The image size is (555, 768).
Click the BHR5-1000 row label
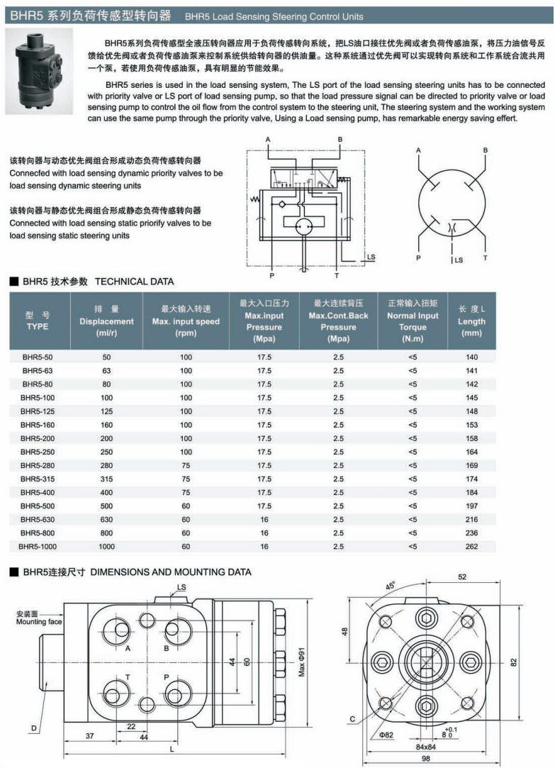pyautogui.click(x=38, y=547)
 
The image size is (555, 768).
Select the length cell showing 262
pyautogui.click(x=471, y=547)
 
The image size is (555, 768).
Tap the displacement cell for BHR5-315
pyautogui.click(x=107, y=479)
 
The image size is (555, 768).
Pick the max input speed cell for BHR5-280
pyautogui.click(x=186, y=465)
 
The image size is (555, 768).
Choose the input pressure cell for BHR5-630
pyautogui.click(x=264, y=520)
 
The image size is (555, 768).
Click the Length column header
pyautogui.click(x=471, y=321)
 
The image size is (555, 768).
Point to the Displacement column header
pyautogui.click(x=107, y=321)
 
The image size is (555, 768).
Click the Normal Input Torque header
pyautogui.click(x=413, y=321)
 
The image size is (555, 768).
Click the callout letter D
pyautogui.click(x=33, y=728)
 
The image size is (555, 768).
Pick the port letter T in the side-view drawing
pyautogui.click(x=128, y=677)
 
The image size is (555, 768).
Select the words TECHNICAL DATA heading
pyautogui.click(x=134, y=282)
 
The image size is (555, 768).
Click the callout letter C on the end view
pyautogui.click(x=352, y=720)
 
